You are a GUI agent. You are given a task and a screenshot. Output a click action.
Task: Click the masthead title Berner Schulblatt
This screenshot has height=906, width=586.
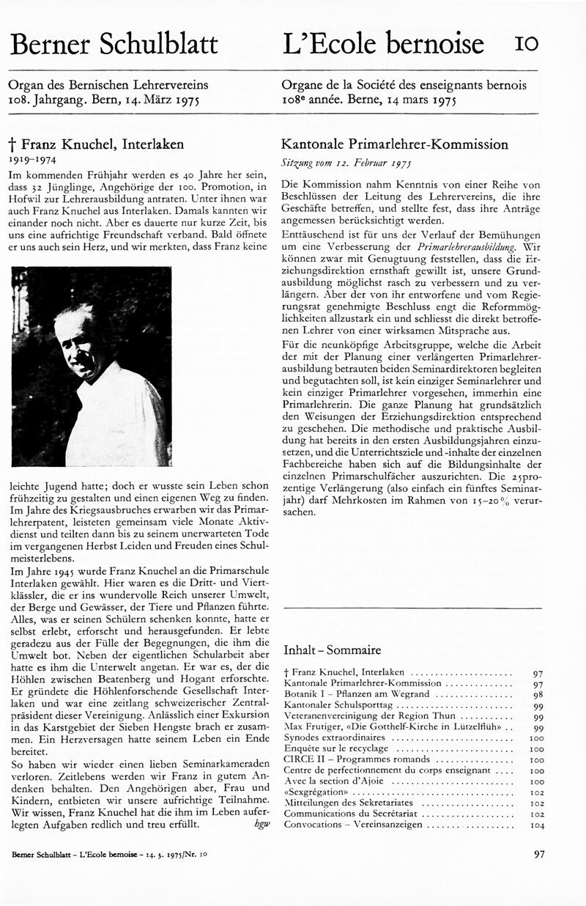click(x=114, y=44)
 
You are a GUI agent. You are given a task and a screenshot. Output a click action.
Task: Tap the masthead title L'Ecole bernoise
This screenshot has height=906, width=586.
click(x=382, y=44)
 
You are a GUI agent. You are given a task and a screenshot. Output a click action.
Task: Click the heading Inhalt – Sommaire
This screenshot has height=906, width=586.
click(x=332, y=650)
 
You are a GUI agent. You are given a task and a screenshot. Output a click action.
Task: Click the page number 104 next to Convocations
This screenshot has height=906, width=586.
click(x=537, y=825)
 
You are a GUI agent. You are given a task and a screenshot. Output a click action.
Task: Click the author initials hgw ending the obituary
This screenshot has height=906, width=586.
click(x=262, y=824)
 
